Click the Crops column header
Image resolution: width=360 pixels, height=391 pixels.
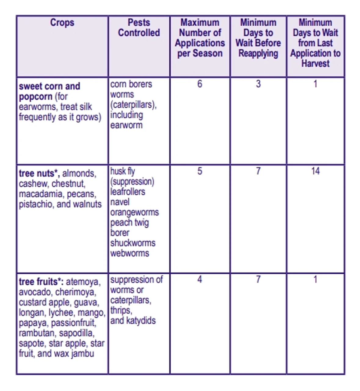(x=62, y=23)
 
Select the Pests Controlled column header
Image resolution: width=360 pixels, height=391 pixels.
(x=139, y=28)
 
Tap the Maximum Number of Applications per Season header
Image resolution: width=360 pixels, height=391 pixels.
(x=200, y=38)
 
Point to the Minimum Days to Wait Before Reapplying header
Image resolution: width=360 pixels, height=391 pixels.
(x=258, y=38)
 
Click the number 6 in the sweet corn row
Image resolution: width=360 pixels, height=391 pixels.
(x=200, y=84)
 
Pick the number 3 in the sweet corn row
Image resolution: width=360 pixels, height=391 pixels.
(x=258, y=84)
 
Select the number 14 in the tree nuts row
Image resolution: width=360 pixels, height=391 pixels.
(x=315, y=171)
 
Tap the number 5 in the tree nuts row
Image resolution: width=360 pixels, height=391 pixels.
(x=200, y=171)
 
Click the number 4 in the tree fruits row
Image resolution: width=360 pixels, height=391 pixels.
(x=200, y=279)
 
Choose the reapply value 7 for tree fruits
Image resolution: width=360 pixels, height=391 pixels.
(x=258, y=279)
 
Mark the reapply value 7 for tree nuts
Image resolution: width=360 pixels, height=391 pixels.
(x=258, y=171)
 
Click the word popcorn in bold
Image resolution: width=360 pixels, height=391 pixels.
(x=35, y=97)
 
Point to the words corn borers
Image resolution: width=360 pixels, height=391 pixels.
(x=131, y=84)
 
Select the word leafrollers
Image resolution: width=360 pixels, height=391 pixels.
(x=128, y=192)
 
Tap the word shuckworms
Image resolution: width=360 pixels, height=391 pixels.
(x=133, y=243)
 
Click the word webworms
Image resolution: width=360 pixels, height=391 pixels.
(x=130, y=253)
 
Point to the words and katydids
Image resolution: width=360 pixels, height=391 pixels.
(x=133, y=321)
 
